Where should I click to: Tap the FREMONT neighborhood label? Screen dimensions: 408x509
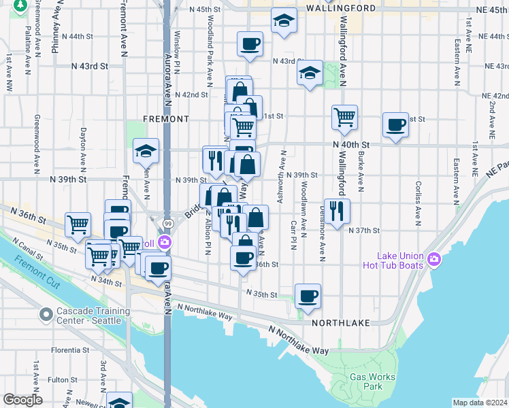(x=166, y=119)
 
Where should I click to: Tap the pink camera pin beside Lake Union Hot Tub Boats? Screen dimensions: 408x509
(x=436, y=260)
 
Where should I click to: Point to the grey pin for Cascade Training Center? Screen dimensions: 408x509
(x=46, y=314)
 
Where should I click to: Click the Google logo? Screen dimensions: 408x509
(x=22, y=400)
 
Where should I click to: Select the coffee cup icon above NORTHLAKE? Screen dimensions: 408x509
(x=308, y=296)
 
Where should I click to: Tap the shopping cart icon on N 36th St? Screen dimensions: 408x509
(x=78, y=223)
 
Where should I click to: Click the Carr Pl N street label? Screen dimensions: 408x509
(x=293, y=235)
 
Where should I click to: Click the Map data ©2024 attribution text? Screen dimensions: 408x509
(x=480, y=403)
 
